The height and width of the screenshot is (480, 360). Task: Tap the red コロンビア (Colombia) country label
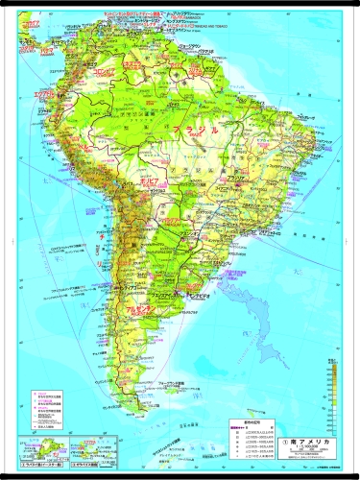point(77,73)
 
